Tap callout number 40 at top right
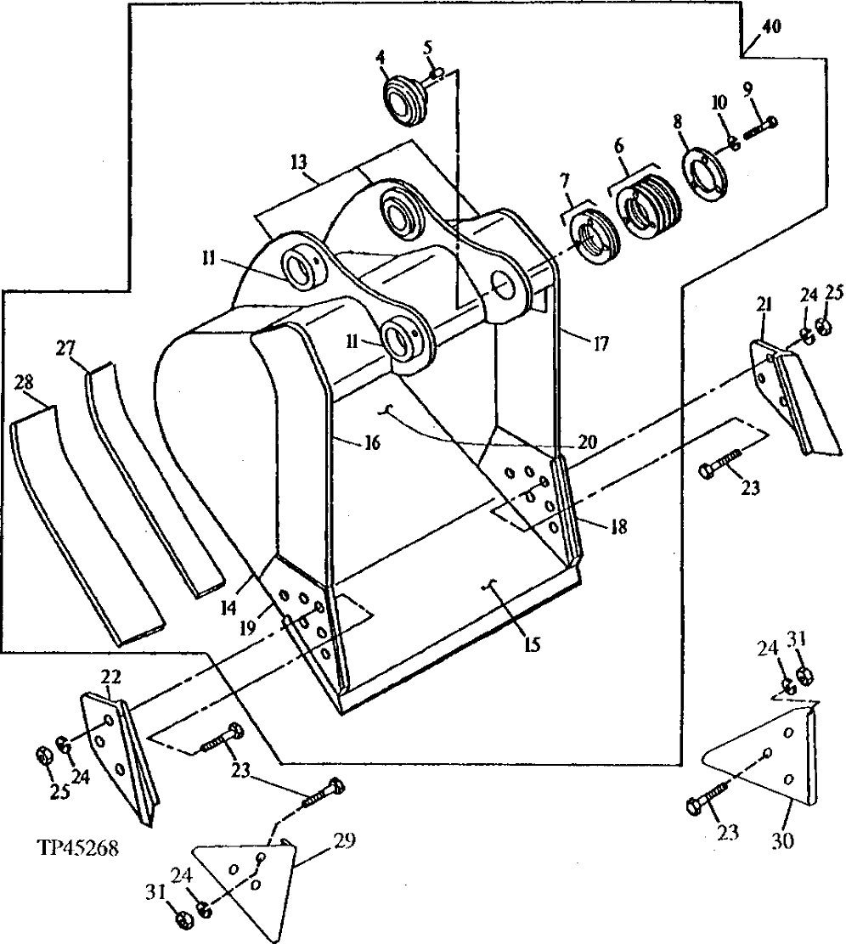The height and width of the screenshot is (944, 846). pyautogui.click(x=770, y=27)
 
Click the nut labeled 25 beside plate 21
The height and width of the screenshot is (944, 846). pyautogui.click(x=823, y=326)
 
